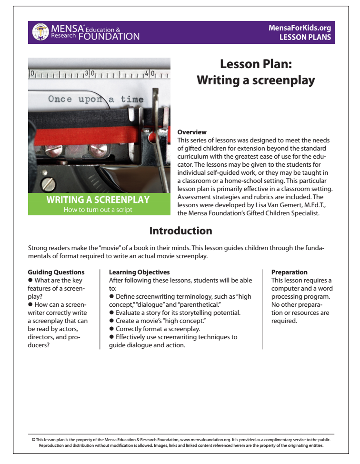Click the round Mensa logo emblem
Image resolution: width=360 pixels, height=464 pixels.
[40, 32]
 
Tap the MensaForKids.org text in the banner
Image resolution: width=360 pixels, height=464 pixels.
[300, 28]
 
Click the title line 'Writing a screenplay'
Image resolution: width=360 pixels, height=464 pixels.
[256, 81]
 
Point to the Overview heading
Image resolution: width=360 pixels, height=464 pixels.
[192, 132]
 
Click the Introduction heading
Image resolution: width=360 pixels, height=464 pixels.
[180, 231]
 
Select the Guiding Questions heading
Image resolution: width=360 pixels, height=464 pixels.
[56, 272]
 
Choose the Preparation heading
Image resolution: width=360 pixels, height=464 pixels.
[289, 272]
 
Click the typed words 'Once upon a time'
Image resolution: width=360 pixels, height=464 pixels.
[95, 100]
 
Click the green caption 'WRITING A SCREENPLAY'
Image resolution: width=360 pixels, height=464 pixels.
[98, 200]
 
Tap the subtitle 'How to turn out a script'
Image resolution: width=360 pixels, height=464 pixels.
[98, 210]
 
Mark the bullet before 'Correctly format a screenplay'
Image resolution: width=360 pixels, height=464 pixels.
[111, 329]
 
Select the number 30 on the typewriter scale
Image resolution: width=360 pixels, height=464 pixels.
[90, 74]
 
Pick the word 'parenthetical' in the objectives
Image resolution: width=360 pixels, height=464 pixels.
[206, 304]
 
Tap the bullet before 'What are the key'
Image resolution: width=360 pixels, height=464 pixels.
[30, 281]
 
